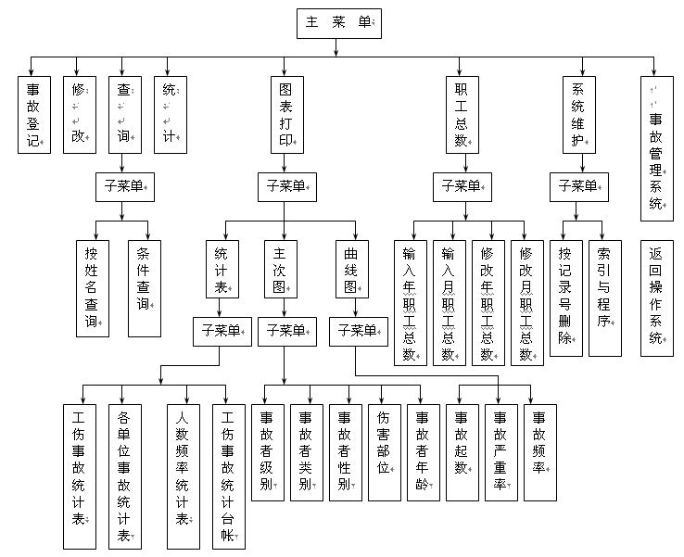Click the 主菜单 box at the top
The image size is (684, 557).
tap(339, 23)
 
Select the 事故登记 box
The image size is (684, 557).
tap(33, 113)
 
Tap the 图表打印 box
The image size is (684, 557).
tap(286, 113)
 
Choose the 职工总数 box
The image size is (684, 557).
tap(462, 113)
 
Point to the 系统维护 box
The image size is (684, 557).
tap(577, 113)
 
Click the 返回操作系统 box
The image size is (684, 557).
tap(655, 296)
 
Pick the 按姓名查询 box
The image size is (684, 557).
tap(91, 287)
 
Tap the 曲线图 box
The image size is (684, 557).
tap(350, 268)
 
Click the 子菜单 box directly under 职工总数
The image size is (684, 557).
tap(462, 186)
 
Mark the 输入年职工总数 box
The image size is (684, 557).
tap(409, 302)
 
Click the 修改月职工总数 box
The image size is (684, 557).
tap(526, 302)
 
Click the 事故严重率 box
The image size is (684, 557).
tap(500, 449)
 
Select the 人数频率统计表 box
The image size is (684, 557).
tap(183, 466)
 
